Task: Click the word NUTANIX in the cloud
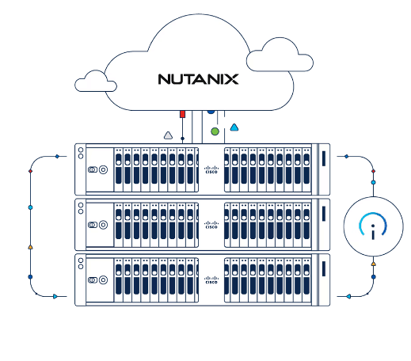pyautogui.click(x=198, y=79)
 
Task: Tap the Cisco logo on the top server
pyautogui.click(x=211, y=169)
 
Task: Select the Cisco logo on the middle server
pyautogui.click(x=211, y=225)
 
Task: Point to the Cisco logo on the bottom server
pyautogui.click(x=211, y=280)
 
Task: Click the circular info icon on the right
pyautogui.click(x=373, y=226)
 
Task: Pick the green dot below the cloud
pyautogui.click(x=215, y=130)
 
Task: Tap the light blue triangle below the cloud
pyautogui.click(x=234, y=127)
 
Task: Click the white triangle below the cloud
pyautogui.click(x=168, y=135)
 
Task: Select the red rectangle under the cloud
pyautogui.click(x=182, y=114)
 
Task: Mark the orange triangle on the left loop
pyautogui.click(x=30, y=247)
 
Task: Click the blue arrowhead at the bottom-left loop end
pyautogui.click(x=55, y=296)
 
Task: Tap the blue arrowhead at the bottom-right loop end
pyautogui.click(x=348, y=296)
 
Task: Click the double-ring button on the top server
pyautogui.click(x=96, y=169)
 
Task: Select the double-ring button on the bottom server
pyautogui.click(x=96, y=280)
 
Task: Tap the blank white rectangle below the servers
pyautogui.click(x=185, y=337)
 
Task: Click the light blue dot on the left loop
pyautogui.click(x=30, y=207)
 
